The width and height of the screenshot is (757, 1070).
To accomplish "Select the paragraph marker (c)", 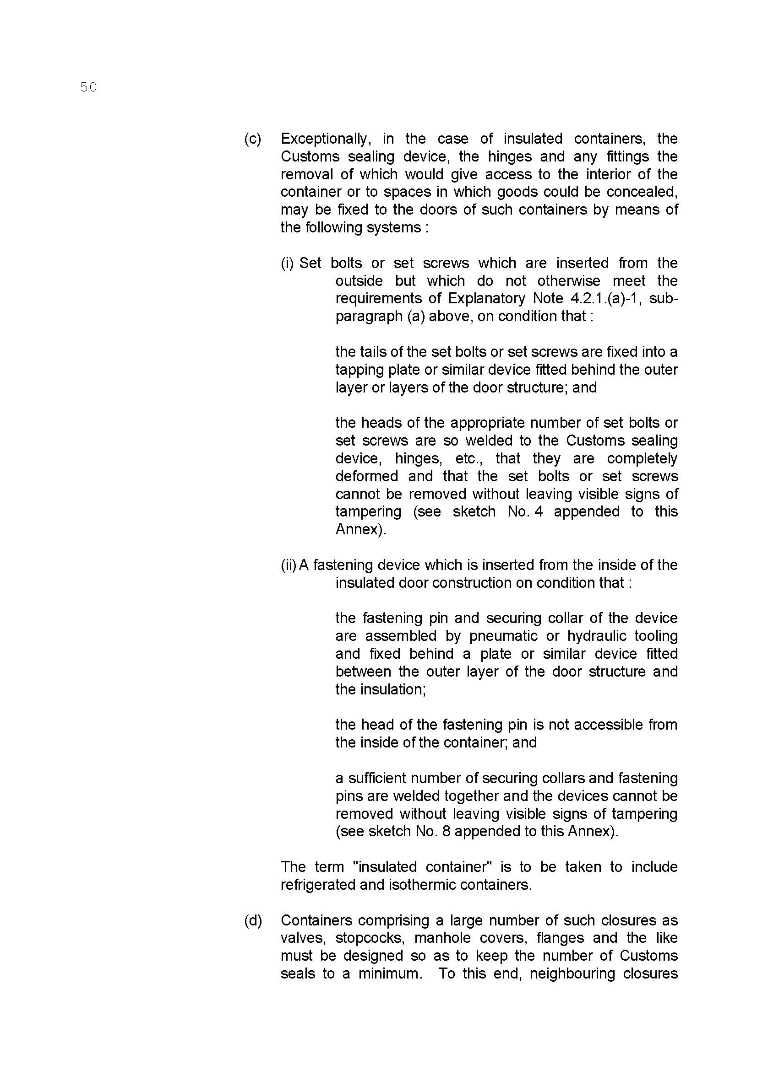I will tap(252, 139).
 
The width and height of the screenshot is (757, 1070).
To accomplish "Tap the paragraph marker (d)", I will tap(253, 920).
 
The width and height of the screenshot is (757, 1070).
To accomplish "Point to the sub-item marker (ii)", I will tap(288, 565).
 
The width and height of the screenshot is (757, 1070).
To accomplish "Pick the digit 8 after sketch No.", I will tap(446, 832).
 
